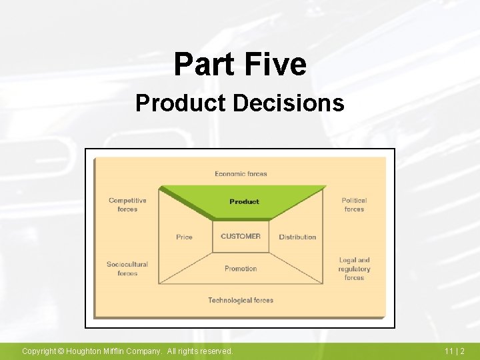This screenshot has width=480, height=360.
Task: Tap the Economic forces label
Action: point(241,174)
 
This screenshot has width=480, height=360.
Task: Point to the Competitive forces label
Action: point(127,205)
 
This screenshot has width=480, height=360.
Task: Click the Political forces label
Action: point(354,205)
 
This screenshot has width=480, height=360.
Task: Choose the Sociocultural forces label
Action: point(127,269)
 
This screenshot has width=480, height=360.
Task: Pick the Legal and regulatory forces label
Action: point(354,269)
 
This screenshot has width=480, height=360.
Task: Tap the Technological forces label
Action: point(241,301)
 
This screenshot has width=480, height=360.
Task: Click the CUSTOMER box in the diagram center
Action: point(241,237)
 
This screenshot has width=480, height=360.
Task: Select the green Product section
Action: point(244,201)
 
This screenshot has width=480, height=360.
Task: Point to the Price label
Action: point(185,237)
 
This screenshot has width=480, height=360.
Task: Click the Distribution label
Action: point(297,237)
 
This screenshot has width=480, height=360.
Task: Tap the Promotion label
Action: point(241,269)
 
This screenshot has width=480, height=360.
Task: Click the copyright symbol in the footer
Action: point(59,351)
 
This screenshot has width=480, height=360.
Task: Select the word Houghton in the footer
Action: point(85,351)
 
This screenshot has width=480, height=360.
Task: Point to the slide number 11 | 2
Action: point(455,351)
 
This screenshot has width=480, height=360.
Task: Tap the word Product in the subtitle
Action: point(181,103)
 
